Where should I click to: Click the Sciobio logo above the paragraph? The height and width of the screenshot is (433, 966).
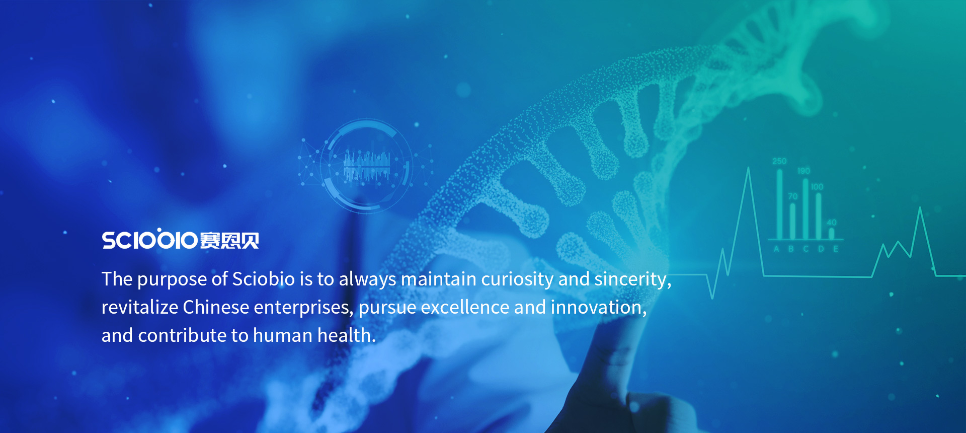click(x=181, y=239)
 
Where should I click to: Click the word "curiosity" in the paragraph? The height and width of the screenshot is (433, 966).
click(x=517, y=279)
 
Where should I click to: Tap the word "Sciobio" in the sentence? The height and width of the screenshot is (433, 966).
click(x=264, y=279)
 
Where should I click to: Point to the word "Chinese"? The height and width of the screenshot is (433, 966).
click(x=216, y=307)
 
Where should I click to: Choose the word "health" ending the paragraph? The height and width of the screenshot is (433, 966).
click(x=347, y=335)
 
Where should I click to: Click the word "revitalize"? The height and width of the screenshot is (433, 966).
click(x=140, y=307)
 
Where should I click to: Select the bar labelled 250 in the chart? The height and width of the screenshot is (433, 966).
click(x=779, y=204)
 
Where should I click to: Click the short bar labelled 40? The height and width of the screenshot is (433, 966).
click(x=832, y=233)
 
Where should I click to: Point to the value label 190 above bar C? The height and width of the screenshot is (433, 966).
click(x=803, y=171)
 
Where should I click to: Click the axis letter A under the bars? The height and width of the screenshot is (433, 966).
click(x=776, y=249)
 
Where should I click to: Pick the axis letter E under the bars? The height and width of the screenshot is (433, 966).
click(x=836, y=249)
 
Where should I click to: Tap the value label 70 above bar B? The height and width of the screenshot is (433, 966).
click(x=793, y=196)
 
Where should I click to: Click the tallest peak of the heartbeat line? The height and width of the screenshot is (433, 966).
click(x=748, y=168)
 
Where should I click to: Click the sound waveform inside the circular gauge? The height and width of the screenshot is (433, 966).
click(x=367, y=166)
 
